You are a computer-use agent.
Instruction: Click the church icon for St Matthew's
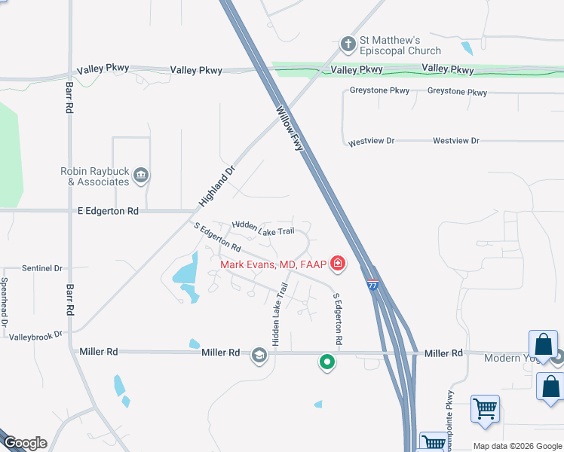pyautogui.click(x=348, y=44)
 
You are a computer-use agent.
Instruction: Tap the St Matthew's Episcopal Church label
pyautogui.click(x=400, y=45)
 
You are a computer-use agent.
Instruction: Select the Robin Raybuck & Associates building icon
pyautogui.click(x=141, y=176)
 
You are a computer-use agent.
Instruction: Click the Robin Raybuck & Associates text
pyautogui.click(x=94, y=176)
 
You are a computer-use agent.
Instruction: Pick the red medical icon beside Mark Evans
pyautogui.click(x=338, y=264)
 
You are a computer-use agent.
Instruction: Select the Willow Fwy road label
pyautogui.click(x=290, y=128)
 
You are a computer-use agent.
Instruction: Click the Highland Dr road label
pyautogui.click(x=217, y=186)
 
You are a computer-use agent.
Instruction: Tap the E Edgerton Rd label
pyautogui.click(x=108, y=212)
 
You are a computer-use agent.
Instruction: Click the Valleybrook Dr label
pyautogui.click(x=35, y=334)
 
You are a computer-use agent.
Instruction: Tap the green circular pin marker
pyautogui.click(x=326, y=363)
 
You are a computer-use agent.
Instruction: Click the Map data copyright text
pyautogui.click(x=517, y=446)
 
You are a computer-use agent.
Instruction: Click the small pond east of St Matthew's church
pyautogui.click(x=467, y=48)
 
